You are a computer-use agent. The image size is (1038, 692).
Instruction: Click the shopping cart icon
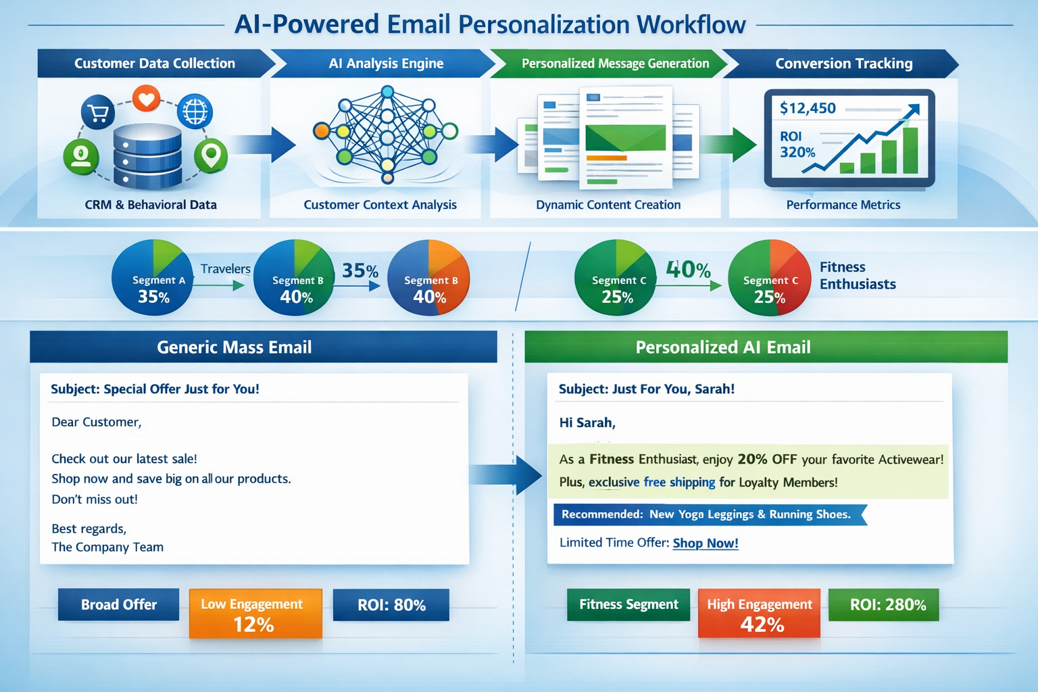point(98,113)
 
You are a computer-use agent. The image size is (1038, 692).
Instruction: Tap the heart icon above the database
point(146,99)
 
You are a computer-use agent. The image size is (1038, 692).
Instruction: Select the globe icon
point(195,112)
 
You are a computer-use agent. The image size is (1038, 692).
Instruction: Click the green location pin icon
point(211,155)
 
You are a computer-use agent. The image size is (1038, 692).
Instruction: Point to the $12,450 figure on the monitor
point(808,108)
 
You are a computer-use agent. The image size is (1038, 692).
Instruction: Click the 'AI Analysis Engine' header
point(386,64)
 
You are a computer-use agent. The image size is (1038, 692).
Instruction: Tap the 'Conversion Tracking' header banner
point(843,64)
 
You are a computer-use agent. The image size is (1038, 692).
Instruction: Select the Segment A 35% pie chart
point(153,278)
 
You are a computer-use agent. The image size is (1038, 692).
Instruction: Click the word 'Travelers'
point(226,269)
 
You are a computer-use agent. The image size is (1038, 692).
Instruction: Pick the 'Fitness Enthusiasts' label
point(858,276)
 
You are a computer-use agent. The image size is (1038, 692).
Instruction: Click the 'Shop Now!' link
point(706,543)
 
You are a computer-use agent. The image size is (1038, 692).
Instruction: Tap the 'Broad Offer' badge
point(119,604)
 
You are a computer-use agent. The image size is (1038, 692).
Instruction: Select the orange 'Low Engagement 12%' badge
point(255,614)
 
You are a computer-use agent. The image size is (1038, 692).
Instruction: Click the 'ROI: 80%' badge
point(391,605)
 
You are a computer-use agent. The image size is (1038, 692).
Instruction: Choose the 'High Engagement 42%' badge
point(760,614)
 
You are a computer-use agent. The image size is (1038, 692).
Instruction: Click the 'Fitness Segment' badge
point(628,604)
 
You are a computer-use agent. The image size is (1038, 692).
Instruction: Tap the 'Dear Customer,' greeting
point(97,422)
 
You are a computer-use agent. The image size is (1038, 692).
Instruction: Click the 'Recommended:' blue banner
point(706,514)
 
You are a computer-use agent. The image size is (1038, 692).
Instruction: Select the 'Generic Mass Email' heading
point(234,347)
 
